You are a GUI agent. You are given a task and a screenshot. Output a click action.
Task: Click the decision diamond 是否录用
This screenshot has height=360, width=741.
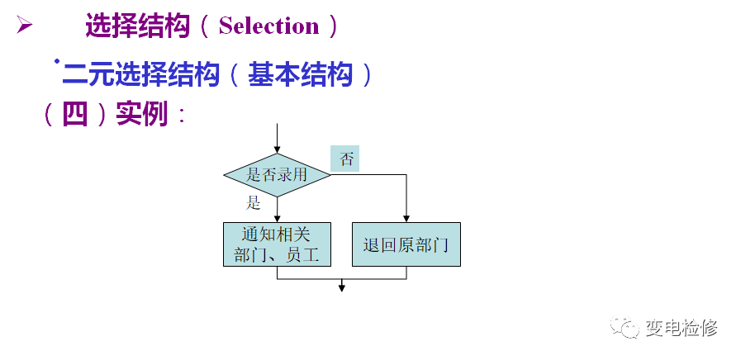277,174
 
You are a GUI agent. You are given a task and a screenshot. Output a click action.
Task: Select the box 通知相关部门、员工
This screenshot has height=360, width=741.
277,244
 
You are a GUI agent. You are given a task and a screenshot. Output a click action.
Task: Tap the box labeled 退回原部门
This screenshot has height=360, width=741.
406,244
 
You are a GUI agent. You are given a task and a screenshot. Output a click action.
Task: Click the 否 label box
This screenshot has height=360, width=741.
345,159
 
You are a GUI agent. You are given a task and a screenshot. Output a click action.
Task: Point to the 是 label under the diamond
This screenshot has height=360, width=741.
253,204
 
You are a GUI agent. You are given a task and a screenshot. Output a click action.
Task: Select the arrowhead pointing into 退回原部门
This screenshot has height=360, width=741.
406,217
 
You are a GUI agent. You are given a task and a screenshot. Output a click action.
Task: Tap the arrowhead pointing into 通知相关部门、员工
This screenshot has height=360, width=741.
277,217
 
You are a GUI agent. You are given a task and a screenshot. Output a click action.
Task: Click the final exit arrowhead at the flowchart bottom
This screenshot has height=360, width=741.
341,287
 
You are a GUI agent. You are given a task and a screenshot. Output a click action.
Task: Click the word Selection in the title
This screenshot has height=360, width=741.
268,26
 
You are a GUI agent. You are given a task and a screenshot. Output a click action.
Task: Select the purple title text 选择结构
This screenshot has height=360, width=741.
137,26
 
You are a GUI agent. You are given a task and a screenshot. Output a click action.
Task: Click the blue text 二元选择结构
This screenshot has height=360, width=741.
141,75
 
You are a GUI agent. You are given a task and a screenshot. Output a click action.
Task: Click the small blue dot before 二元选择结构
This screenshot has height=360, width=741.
56,61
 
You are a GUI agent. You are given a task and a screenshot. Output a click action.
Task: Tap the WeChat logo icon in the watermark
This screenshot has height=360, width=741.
625,328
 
